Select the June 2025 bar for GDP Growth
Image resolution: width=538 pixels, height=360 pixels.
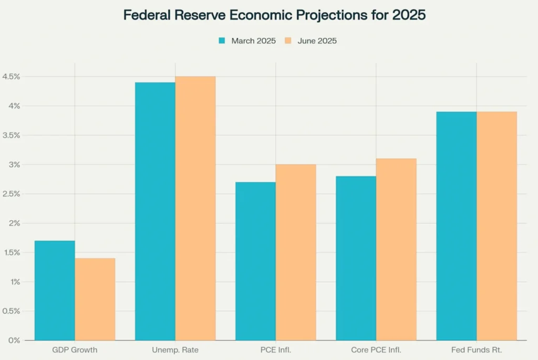pos(95,299)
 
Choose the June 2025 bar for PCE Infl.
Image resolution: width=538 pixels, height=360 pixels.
pos(296,252)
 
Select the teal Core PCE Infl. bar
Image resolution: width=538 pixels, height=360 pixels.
pos(356,258)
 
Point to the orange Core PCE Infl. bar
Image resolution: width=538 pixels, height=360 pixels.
pos(396,249)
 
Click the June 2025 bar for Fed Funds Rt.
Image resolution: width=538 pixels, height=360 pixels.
pos(496,226)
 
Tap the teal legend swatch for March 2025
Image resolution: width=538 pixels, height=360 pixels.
pos(222,40)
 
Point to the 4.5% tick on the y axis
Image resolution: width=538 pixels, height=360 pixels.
pos(11,77)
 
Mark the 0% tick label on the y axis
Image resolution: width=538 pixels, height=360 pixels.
pos(14,341)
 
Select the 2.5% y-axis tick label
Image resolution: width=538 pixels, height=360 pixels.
pos(11,194)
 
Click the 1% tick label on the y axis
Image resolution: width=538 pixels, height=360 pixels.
pos(14,282)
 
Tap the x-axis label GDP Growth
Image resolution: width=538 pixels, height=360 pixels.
pos(75,349)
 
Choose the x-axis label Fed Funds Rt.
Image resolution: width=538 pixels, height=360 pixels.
pos(477,349)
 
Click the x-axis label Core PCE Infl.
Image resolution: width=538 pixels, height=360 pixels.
pos(376,349)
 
